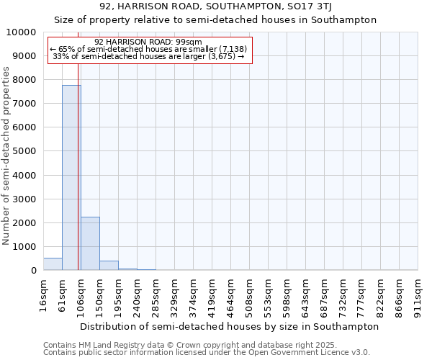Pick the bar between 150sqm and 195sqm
(x=109, y=266)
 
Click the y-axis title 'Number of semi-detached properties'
(x=7, y=156)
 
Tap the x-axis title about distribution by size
(x=229, y=326)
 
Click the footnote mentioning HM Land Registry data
(x=207, y=345)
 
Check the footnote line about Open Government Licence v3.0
(x=207, y=353)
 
